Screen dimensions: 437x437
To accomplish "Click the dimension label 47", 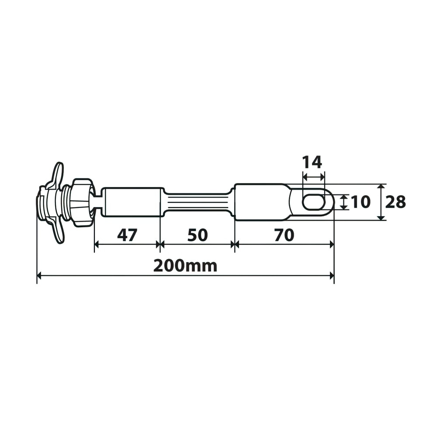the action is pos(127,235).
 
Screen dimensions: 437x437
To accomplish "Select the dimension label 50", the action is pos(198,235).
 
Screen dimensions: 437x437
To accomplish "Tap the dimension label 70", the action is pos(284,235).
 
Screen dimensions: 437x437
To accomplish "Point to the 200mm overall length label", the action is pos(185,266).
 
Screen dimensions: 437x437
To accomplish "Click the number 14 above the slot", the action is pos(312,162).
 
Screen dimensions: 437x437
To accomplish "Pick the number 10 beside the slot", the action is pos(361,202).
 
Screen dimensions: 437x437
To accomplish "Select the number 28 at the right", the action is pos(395,202).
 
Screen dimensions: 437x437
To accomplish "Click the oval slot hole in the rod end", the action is pos(313,202).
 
